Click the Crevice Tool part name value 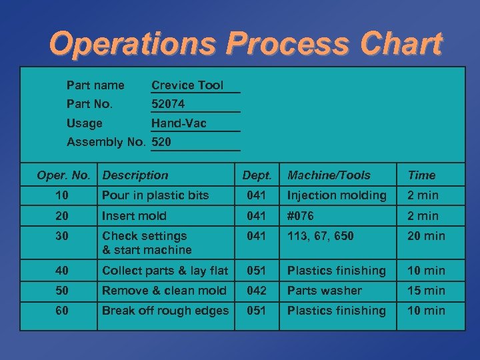click(187, 85)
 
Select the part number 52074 click(168, 104)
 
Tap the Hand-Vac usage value click(179, 123)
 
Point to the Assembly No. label click(106, 141)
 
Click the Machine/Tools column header click(329, 175)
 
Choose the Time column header click(421, 175)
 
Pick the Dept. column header click(257, 175)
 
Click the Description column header click(135, 175)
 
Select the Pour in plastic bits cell click(155, 195)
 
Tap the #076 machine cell click(301, 215)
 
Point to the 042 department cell click(257, 291)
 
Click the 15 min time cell click(426, 291)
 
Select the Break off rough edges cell click(165, 311)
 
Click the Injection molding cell click(337, 195)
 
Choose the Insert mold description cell click(134, 215)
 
